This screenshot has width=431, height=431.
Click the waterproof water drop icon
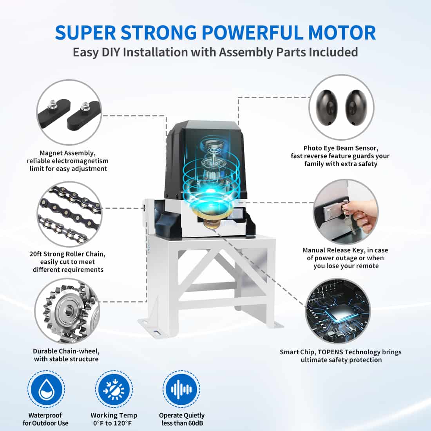pyautogui.click(x=45, y=390)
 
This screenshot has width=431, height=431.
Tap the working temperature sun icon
pyautogui.click(x=114, y=390)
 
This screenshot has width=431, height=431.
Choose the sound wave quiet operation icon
pyautogui.click(x=181, y=390)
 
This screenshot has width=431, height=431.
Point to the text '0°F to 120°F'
pyautogui.click(x=114, y=423)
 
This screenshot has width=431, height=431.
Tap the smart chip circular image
pyautogui.click(x=337, y=311)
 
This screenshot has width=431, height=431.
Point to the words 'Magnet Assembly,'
pyautogui.click(x=67, y=153)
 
